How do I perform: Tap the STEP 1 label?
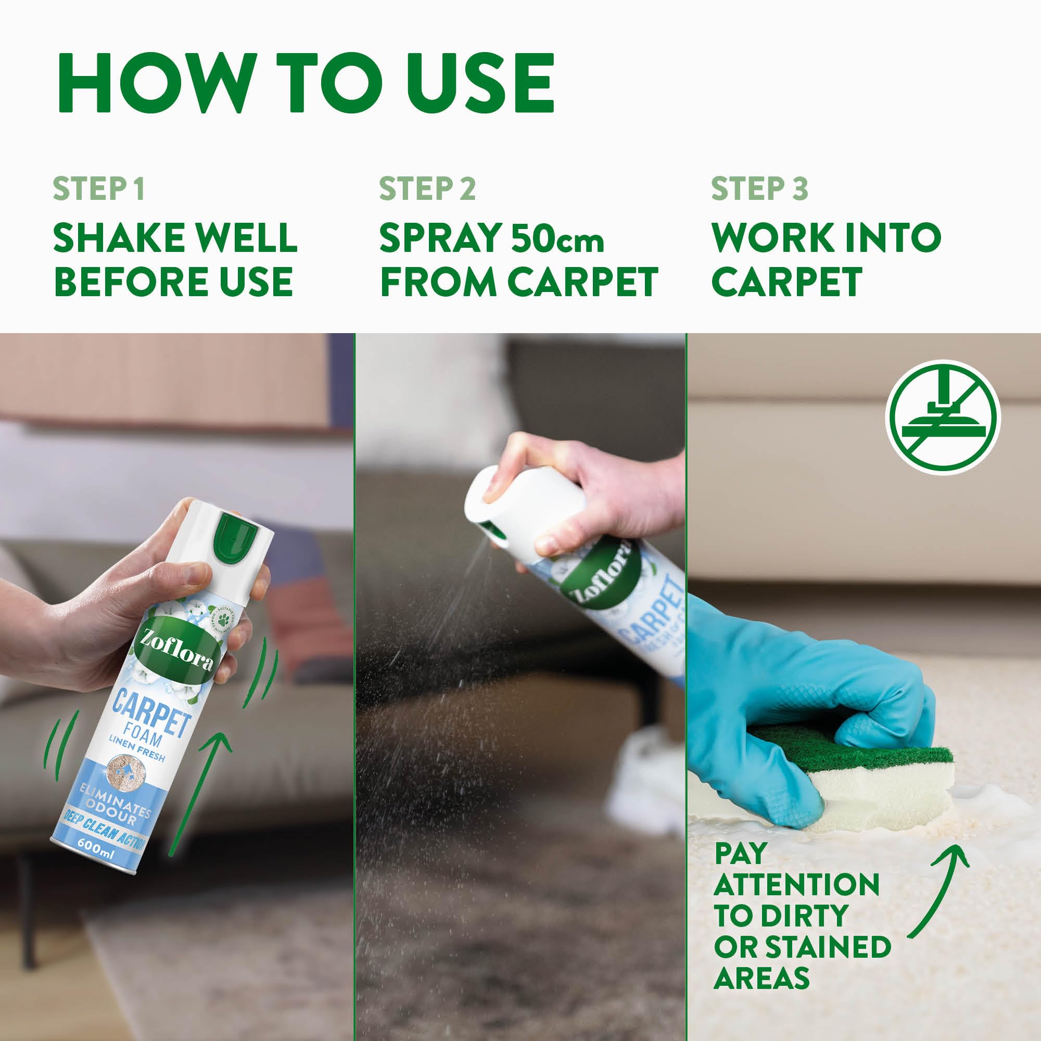coord(98,188)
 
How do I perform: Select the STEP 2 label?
coord(427,188)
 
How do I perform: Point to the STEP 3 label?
coord(759,188)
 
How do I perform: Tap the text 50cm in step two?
coord(557,238)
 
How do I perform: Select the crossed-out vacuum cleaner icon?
coord(943,417)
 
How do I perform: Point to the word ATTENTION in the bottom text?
coord(796,885)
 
